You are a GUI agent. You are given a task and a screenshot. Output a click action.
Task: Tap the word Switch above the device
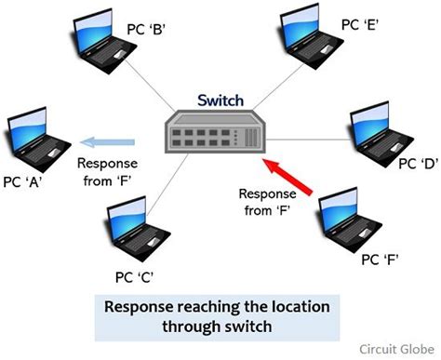click(220, 99)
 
